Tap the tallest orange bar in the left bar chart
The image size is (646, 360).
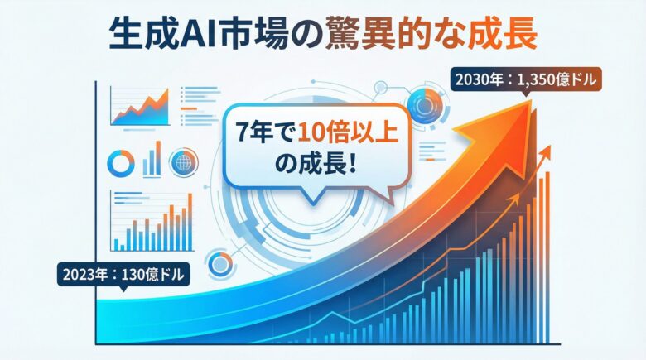190,211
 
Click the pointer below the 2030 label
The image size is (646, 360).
528,95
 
